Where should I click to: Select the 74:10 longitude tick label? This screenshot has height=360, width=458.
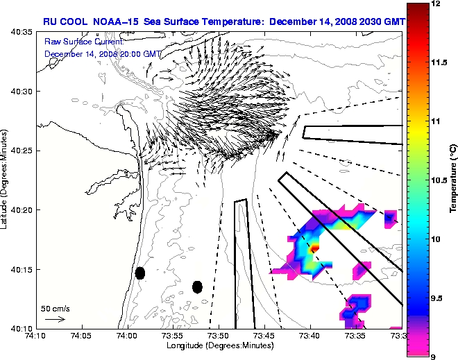coord(36,335)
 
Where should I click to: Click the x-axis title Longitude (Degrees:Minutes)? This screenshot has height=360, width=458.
coord(219,344)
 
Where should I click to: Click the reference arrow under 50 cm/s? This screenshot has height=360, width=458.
coord(54,319)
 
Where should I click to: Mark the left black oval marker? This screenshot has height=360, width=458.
coord(140,273)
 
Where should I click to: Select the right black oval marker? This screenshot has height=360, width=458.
coord(198,286)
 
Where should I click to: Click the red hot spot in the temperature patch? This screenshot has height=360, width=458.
coord(314,246)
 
